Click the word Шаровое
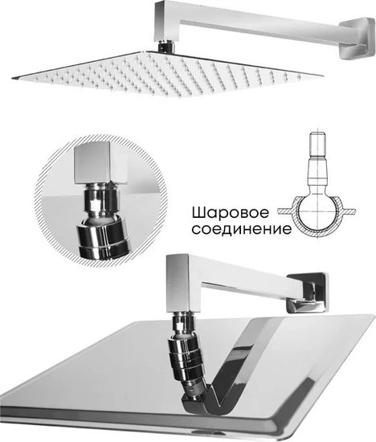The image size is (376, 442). point(231,213)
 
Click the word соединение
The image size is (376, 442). point(242,229)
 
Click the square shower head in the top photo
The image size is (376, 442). point(167,74)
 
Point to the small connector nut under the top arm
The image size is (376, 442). point(166,47)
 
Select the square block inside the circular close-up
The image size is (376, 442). point(101,162)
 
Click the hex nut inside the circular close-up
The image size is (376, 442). point(100,200)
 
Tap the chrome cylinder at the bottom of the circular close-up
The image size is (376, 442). point(104,238)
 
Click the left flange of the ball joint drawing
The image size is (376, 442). point(285,211)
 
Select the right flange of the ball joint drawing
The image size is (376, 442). point(349,211)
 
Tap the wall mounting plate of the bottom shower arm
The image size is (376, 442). point(308,293)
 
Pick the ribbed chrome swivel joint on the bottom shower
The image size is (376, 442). point(186,358)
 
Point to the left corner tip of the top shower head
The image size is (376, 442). point(12,78)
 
